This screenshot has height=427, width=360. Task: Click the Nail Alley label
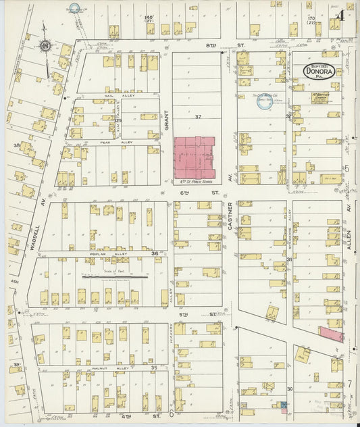(128, 95)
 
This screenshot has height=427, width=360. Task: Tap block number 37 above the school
(198, 117)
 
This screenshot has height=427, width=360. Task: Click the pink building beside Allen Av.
(330, 334)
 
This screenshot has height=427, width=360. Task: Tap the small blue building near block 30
(284, 405)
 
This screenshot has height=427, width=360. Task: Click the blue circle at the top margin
(74, 9)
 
